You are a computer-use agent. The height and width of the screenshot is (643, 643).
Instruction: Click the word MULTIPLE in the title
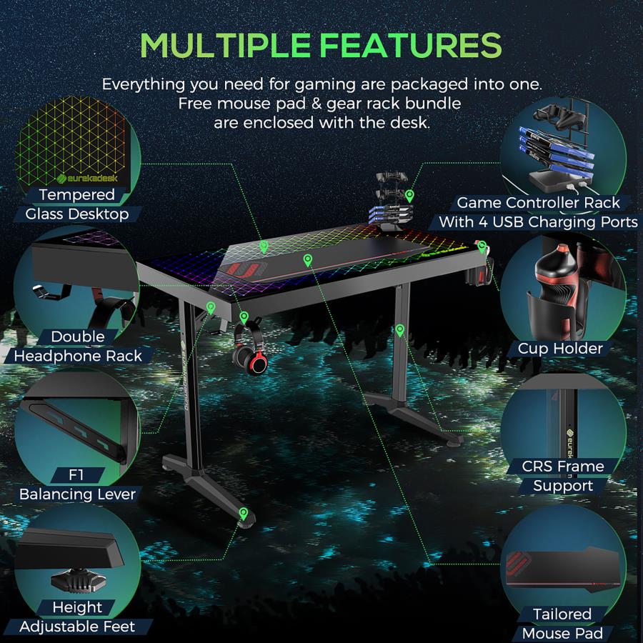click(225, 45)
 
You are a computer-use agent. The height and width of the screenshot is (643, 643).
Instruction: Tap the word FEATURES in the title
click(410, 45)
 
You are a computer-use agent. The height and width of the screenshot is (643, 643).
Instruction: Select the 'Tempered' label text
click(77, 194)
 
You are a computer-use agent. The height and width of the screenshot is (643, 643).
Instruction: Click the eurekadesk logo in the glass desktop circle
click(87, 178)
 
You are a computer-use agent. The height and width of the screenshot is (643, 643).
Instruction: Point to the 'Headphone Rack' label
click(78, 356)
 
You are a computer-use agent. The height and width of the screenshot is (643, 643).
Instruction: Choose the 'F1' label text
click(76, 474)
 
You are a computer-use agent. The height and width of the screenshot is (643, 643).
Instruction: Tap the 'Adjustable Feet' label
click(77, 626)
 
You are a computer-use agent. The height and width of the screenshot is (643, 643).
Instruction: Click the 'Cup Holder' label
click(560, 349)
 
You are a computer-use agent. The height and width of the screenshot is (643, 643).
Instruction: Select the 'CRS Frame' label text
click(563, 466)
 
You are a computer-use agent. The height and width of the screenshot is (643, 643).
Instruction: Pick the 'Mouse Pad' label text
click(562, 633)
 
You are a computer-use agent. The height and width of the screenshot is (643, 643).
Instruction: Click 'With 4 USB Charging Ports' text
click(538, 222)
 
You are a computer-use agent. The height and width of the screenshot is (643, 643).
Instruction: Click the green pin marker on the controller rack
click(409, 196)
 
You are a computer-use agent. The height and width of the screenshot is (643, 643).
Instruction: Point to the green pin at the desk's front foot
click(243, 513)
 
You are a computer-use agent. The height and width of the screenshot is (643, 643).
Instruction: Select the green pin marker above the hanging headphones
click(244, 316)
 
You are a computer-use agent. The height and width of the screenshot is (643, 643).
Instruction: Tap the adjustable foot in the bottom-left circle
click(79, 580)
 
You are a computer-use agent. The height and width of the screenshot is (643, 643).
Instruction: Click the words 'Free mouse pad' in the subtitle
click(242, 104)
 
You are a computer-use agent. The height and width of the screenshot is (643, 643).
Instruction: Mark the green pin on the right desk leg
click(400, 330)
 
